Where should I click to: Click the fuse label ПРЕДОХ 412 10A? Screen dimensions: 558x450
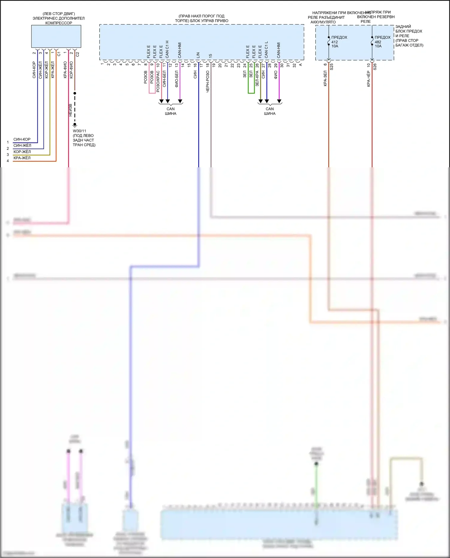[x=339, y=42]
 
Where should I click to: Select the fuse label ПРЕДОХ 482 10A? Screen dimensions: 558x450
[x=382, y=42]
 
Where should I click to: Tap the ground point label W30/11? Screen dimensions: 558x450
[x=79, y=131]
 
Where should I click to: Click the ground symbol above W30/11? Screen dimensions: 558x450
[x=75, y=124]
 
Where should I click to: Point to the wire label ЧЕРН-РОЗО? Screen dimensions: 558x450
[x=208, y=81]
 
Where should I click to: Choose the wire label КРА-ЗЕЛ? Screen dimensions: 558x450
[x=325, y=79]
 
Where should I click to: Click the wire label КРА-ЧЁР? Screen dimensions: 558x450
[x=369, y=79]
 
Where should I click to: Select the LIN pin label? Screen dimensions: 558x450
[x=198, y=55]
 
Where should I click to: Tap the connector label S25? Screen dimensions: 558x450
[x=331, y=67]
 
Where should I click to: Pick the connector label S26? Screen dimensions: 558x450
[x=375, y=67]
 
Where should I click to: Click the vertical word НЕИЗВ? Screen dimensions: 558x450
[x=70, y=110]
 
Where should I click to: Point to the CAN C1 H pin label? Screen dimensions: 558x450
[x=167, y=49]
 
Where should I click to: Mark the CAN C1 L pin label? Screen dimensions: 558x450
[x=266, y=50]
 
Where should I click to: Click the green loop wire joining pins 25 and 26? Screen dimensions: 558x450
[x=251, y=93]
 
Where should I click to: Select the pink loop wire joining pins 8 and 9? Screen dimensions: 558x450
[x=152, y=93]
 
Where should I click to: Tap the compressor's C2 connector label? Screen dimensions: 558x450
[x=77, y=54]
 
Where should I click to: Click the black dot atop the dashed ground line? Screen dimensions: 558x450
[x=75, y=93]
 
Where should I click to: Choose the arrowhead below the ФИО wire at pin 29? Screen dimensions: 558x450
[x=279, y=101]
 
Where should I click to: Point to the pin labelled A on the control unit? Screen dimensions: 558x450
[x=300, y=64]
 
